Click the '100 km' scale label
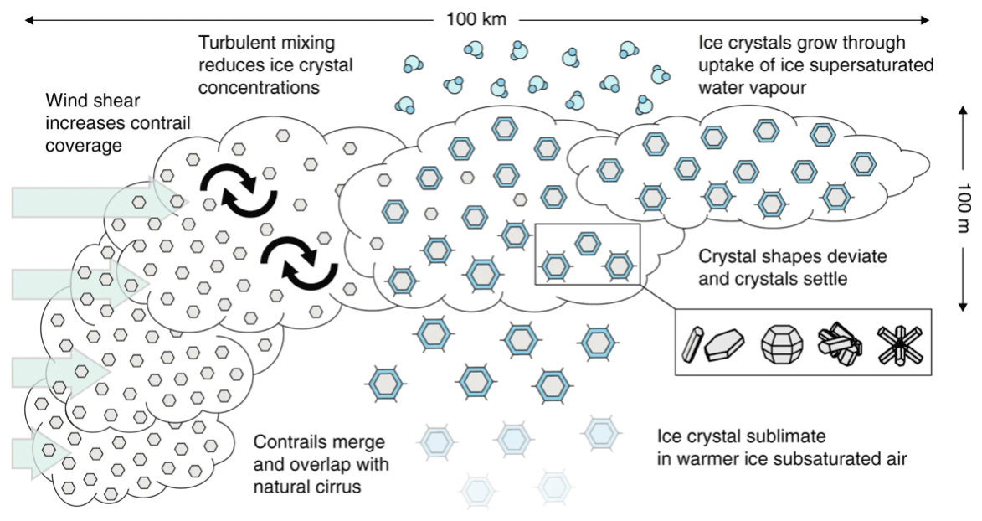[x=476, y=18]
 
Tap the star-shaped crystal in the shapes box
[x=898, y=344]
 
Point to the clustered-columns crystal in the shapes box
[x=840, y=344]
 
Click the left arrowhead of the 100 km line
[x=28, y=18]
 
